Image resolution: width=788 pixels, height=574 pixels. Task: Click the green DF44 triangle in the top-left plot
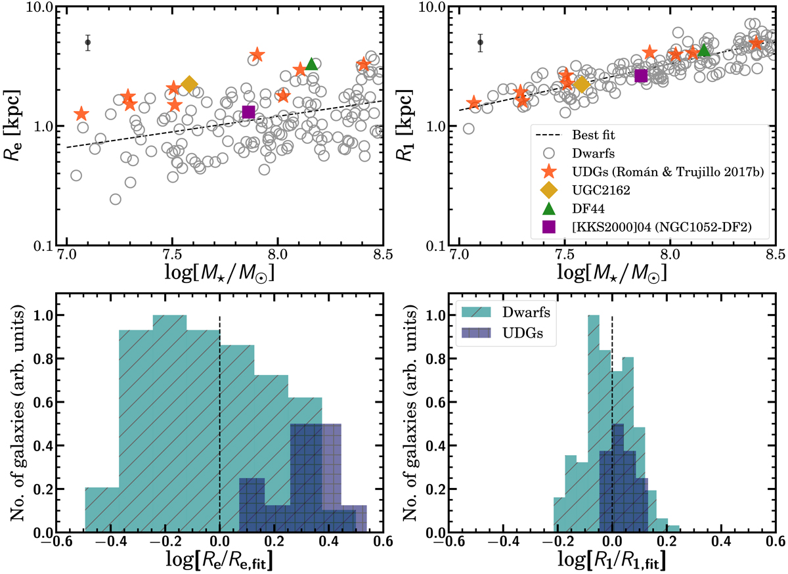pos(312,63)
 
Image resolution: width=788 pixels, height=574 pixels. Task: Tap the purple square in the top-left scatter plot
pos(248,112)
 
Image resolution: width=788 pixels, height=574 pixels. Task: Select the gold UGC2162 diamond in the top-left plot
pos(189,84)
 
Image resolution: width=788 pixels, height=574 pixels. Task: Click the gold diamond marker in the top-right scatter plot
pos(581,84)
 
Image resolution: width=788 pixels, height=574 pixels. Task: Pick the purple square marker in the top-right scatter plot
pos(641,76)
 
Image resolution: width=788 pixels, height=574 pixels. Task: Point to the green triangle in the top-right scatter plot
pos(704,50)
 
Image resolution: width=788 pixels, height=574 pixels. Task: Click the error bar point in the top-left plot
pos(88,42)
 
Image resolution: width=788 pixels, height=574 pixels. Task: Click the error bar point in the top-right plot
pos(480,42)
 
